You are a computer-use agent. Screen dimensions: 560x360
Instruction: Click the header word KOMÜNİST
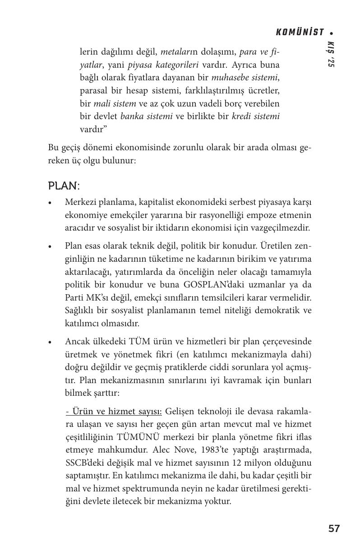click(300, 32)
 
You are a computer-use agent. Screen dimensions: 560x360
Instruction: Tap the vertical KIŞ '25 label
click(331, 55)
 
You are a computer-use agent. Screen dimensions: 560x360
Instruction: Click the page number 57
click(334, 528)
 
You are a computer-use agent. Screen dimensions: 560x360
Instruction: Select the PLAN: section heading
click(64, 186)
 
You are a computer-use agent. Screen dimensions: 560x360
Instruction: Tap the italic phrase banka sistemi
click(147, 116)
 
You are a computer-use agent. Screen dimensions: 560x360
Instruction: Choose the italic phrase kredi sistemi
click(256, 116)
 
